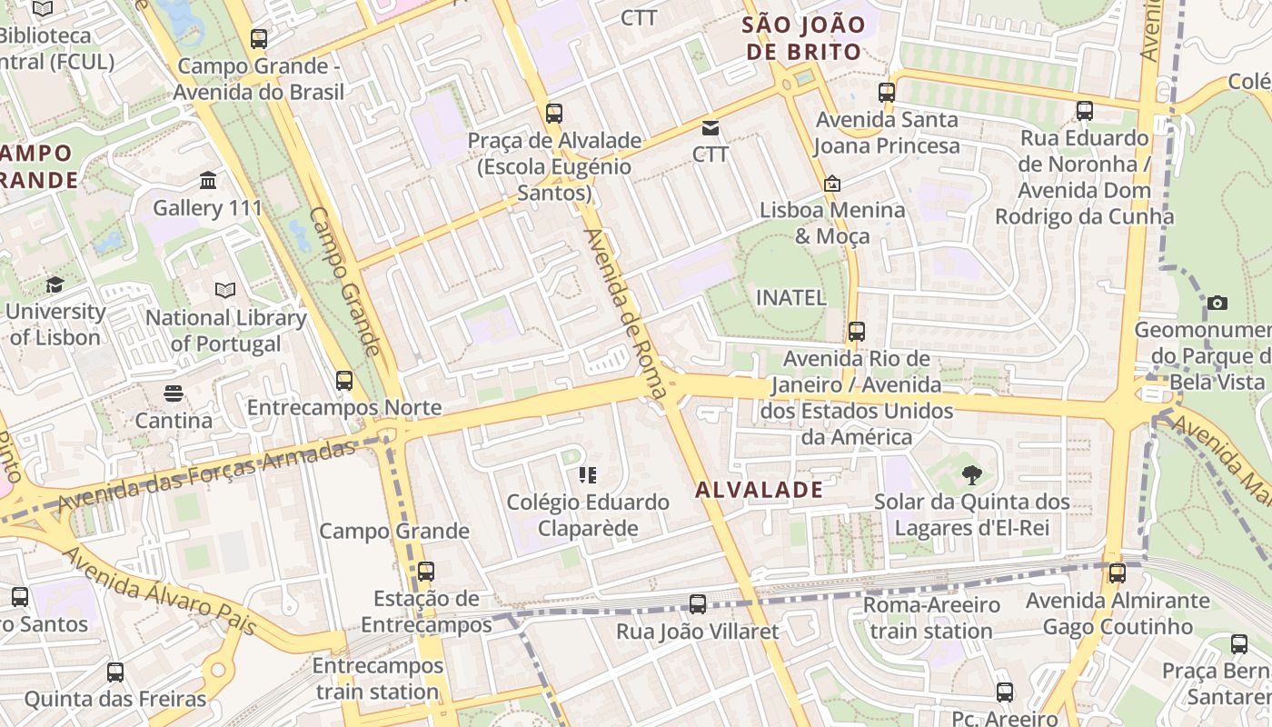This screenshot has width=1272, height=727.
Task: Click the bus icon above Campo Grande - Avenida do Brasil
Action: click(x=259, y=39)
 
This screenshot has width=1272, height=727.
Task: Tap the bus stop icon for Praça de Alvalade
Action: click(x=554, y=114)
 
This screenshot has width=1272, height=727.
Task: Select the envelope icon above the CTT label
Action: click(x=710, y=128)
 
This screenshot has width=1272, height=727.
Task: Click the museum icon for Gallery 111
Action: click(x=208, y=181)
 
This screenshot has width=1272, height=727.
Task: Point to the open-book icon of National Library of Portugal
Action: click(x=225, y=291)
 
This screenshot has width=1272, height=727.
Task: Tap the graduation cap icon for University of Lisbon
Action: click(x=55, y=284)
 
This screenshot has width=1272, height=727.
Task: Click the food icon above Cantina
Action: click(x=174, y=393)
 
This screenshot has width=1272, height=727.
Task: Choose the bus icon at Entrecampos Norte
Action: click(x=344, y=381)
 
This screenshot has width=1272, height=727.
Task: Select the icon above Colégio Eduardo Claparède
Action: click(x=587, y=475)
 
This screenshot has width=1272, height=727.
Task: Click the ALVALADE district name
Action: click(x=759, y=490)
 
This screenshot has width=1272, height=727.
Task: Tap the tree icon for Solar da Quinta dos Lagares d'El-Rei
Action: click(x=971, y=474)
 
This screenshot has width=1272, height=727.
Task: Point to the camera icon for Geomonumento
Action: click(x=1217, y=303)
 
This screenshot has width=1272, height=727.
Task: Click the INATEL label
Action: click(x=791, y=297)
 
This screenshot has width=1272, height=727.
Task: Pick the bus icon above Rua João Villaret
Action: click(x=698, y=604)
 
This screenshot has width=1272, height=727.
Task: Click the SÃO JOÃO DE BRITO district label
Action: click(x=803, y=38)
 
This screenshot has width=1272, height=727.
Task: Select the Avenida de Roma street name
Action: click(x=626, y=314)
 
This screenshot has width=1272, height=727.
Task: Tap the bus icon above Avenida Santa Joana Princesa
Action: click(x=887, y=93)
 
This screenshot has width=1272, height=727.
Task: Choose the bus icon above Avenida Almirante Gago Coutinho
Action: click(x=1118, y=573)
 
